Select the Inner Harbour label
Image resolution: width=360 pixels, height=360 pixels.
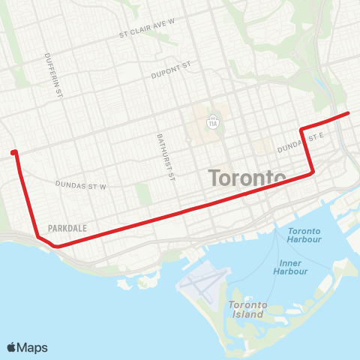point(290,268)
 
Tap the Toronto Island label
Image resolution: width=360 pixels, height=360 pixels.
point(247,309)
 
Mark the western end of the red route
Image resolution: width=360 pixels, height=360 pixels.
point(14,153)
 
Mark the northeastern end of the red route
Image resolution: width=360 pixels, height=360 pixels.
point(348,113)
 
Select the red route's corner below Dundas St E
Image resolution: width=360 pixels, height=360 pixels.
point(312,173)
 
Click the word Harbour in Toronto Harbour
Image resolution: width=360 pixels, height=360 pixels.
point(304,241)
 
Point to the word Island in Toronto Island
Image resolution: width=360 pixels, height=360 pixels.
point(248,314)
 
